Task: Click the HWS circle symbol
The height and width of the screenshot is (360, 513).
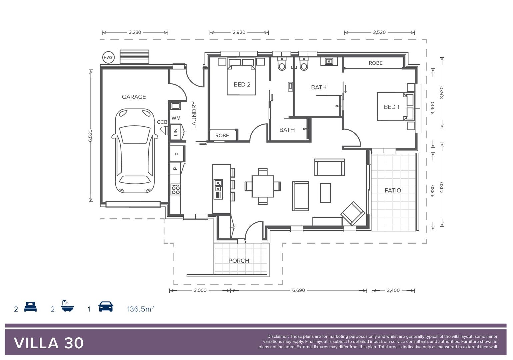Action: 108,57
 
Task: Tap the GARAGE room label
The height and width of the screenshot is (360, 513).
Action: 134,97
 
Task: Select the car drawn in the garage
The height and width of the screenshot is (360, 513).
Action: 134,151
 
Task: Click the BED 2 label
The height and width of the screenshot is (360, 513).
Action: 242,85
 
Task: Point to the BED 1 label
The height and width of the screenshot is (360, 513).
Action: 391,107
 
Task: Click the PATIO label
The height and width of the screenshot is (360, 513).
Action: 393,190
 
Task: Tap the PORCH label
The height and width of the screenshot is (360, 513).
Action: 239,261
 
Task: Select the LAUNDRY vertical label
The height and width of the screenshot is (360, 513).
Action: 194,115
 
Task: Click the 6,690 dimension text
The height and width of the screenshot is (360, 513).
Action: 298,290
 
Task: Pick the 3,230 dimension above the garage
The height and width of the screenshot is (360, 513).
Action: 135,32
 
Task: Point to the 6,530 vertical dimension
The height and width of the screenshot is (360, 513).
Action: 90,136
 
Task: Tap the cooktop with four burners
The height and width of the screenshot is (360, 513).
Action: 175,189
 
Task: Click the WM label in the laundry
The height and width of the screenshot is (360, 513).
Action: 176,118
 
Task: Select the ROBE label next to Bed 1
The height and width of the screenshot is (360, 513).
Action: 375,63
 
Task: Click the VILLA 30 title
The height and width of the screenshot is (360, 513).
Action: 49,343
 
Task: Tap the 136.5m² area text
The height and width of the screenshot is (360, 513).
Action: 140,309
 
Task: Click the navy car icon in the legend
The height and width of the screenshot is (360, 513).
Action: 106,307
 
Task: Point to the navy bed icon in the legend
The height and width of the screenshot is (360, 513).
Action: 30,307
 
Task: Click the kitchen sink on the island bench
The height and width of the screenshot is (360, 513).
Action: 218,185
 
